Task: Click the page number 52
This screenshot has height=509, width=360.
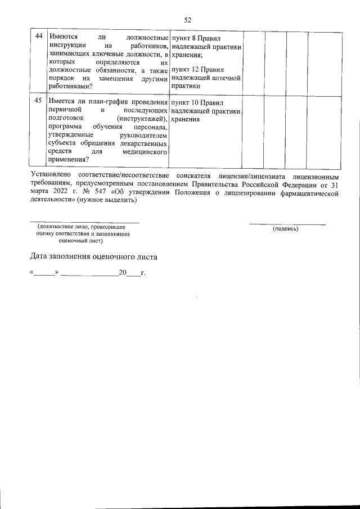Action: pos(180,20)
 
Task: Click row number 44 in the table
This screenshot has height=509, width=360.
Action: pos(39,37)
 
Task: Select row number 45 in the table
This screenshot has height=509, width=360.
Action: pos(39,101)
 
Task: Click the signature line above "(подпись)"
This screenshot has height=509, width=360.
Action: pos(287,224)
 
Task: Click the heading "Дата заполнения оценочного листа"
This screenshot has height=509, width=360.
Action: pos(94,257)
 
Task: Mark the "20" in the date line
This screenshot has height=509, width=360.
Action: pos(122,273)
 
